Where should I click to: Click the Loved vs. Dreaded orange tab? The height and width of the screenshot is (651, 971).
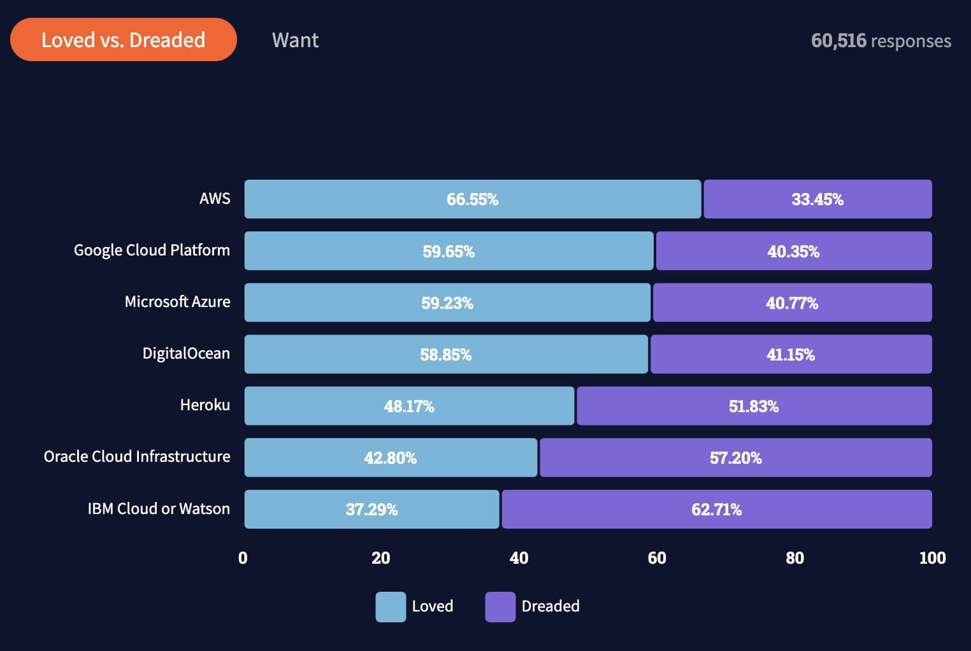(x=123, y=39)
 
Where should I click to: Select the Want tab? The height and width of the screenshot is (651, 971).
(x=295, y=40)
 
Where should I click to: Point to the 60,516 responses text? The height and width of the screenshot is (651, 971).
(x=881, y=41)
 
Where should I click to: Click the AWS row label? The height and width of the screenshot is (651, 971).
(x=215, y=199)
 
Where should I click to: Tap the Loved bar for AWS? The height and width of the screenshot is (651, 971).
(x=472, y=199)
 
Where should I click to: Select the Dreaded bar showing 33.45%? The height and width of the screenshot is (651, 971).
(x=817, y=199)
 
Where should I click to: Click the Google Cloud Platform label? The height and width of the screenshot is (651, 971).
(x=152, y=250)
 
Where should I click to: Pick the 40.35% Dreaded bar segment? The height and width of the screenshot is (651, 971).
(x=793, y=251)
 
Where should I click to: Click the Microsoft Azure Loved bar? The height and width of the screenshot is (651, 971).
(x=447, y=303)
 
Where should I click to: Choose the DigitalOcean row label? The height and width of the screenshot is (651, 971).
(x=186, y=354)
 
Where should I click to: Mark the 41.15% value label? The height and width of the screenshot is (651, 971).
(x=790, y=355)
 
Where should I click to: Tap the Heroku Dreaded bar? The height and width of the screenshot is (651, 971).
(x=754, y=406)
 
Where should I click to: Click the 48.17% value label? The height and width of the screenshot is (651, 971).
(x=408, y=406)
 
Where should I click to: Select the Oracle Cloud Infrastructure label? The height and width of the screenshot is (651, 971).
(x=137, y=457)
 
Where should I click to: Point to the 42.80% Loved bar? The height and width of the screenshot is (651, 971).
(x=391, y=457)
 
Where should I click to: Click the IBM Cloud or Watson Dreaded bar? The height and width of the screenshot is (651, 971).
(x=716, y=509)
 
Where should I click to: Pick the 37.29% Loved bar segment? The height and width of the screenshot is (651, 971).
(x=371, y=509)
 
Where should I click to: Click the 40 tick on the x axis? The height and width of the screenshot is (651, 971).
(x=519, y=558)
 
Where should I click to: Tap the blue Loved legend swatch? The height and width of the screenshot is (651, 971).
(x=391, y=606)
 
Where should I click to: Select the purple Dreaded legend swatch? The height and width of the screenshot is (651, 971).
(x=500, y=606)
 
